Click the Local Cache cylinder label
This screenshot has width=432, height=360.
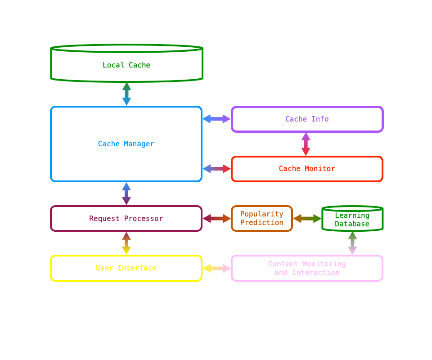click(126, 65)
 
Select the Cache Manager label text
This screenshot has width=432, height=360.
click(126, 144)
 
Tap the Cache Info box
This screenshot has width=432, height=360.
click(307, 119)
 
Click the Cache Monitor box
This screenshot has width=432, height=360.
click(307, 169)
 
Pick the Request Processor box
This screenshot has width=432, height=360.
click(126, 219)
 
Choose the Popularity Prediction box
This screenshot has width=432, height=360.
click(262, 219)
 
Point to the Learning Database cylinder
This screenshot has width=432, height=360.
click(352, 219)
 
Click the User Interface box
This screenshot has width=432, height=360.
click(126, 268)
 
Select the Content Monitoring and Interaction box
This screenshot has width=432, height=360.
click(307, 268)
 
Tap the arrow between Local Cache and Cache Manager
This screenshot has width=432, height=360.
click(126, 94)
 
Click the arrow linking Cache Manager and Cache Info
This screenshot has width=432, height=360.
click(216, 119)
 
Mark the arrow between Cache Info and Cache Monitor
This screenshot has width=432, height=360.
click(306, 144)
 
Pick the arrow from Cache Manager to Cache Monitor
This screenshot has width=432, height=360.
click(216, 169)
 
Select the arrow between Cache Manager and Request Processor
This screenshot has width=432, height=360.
click(126, 194)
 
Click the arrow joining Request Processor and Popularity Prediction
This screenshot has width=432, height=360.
click(216, 219)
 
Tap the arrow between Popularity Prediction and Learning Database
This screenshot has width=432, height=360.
click(307, 219)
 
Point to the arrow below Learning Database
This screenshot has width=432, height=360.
click(352, 243)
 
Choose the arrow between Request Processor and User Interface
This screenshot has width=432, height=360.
click(126, 243)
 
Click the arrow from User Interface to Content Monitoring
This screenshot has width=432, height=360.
click(216, 268)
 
